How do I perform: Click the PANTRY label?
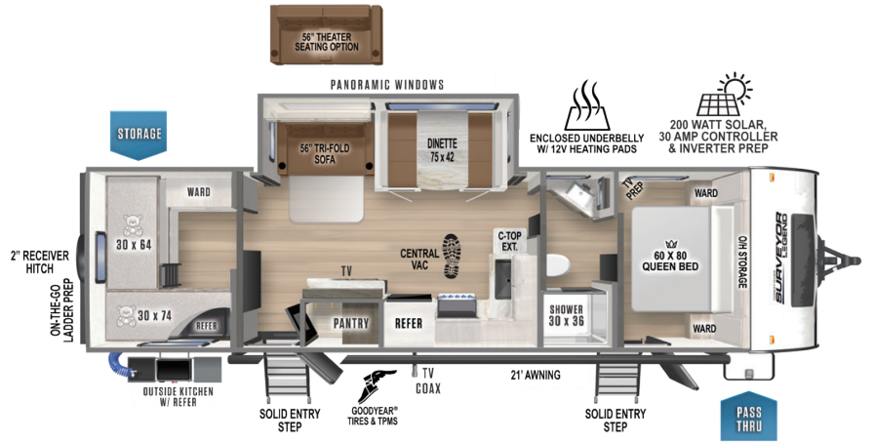click(349, 322)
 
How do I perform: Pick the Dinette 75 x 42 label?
click(441, 150)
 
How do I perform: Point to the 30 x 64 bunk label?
click(134, 244)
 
